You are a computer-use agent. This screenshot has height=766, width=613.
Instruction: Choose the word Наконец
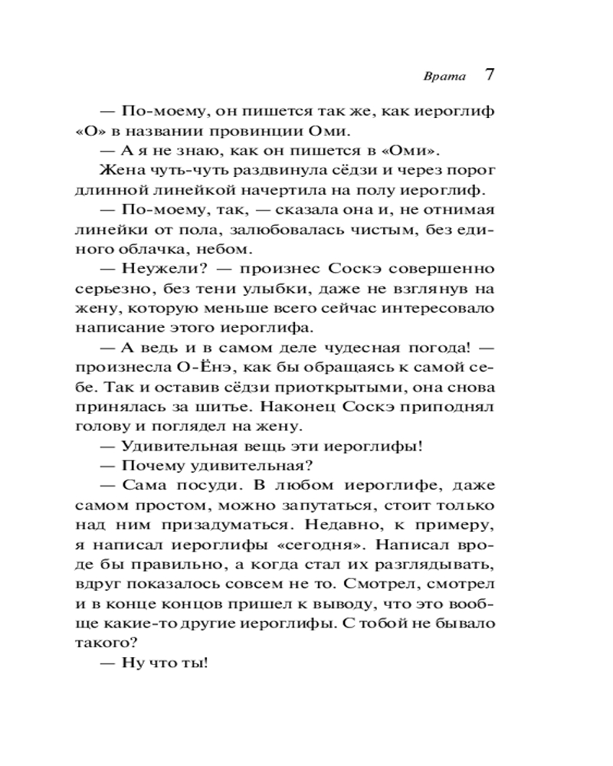coord(307,409)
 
